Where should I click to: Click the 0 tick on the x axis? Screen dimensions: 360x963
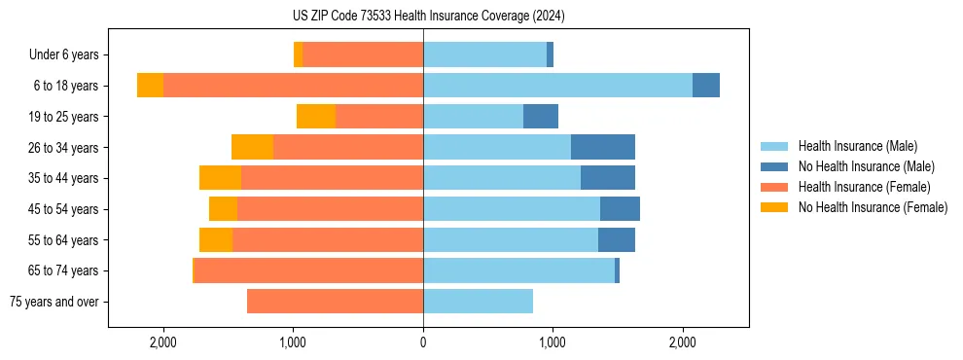[423, 342]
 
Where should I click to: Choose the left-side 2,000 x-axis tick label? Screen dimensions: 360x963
[162, 342]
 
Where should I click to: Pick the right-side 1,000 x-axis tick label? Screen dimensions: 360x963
[553, 342]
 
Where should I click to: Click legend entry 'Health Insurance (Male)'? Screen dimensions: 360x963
[857, 146]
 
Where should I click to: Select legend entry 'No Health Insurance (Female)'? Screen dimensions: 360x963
[873, 207]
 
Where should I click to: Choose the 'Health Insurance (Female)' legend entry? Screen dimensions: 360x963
[864, 187]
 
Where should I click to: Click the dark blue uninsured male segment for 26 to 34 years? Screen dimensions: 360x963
[602, 147]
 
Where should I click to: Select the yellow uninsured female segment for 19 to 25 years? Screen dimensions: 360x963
[316, 117]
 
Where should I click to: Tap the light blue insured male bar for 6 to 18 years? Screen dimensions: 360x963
[557, 86]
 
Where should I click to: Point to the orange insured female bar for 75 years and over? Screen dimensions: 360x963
[335, 302]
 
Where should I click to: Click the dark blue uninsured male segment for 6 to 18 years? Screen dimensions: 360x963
[706, 86]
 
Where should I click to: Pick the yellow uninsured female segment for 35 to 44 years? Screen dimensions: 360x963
[220, 178]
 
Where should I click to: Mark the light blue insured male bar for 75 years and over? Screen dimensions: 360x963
[478, 302]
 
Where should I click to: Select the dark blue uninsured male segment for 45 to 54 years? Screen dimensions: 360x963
[620, 209]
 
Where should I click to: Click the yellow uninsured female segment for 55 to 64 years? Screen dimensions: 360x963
[216, 239]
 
